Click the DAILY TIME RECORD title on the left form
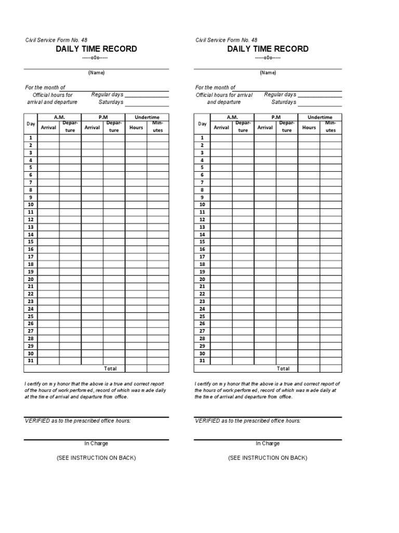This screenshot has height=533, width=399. tap(97, 49)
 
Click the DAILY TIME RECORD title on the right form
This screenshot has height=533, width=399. tap(268, 49)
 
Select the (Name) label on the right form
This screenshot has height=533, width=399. tap(268, 73)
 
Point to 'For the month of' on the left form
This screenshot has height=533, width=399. tap(46, 87)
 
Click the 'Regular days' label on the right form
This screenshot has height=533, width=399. tap(280, 95)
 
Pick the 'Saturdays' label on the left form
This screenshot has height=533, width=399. tap(111, 102)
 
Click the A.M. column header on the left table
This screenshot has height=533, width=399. tap(59, 118)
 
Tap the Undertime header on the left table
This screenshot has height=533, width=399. tap(147, 118)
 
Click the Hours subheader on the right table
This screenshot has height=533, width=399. tap(309, 127)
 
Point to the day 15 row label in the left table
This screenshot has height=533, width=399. tap(31, 242)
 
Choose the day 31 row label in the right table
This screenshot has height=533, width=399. tap(202, 361)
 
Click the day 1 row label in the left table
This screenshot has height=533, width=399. tap(31, 138)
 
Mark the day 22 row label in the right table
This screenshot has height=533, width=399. tap(202, 294)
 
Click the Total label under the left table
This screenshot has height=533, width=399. tap(111, 369)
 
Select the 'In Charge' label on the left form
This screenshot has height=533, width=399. tap(96, 443)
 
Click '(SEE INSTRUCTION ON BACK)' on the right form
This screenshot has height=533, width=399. tap(268, 458)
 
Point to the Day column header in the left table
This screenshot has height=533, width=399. tap(31, 124)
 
